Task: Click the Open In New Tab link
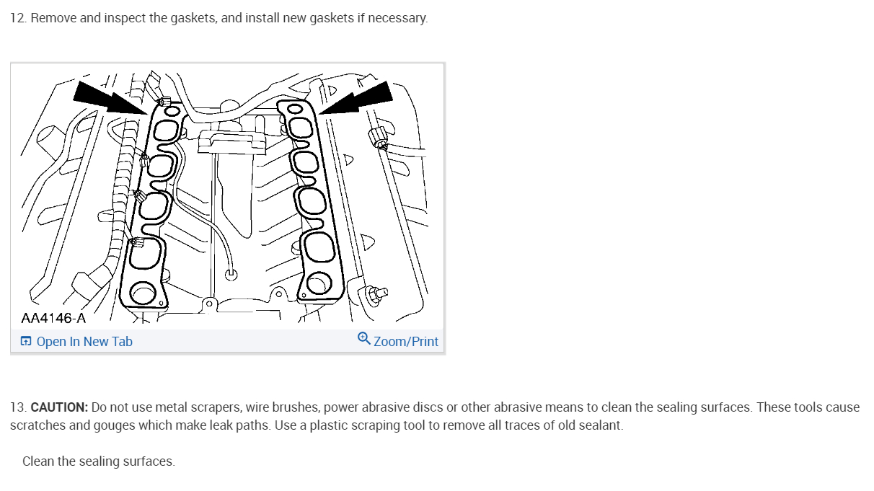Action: (84, 342)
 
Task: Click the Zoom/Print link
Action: (405, 342)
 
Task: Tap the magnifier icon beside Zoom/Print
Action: (364, 339)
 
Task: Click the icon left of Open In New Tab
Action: (26, 342)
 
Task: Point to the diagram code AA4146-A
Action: (53, 318)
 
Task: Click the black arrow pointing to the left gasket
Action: (109, 97)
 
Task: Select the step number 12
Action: (17, 18)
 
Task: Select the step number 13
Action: (17, 407)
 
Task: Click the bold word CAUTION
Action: (59, 407)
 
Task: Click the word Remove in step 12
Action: (54, 18)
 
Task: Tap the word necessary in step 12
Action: (397, 18)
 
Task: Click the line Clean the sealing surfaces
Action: (99, 461)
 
